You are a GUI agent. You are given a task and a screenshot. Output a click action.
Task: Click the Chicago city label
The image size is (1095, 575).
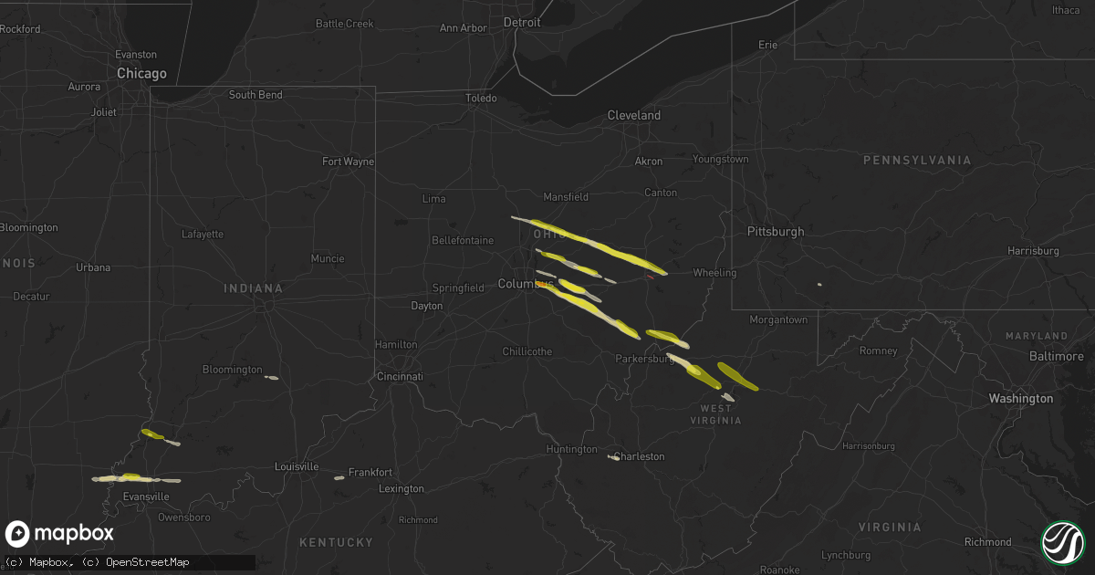click(x=141, y=73)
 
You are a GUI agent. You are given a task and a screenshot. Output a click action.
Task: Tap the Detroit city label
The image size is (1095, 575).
click(x=522, y=21)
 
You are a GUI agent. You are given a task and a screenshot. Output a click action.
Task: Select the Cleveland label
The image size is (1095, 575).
click(x=634, y=116)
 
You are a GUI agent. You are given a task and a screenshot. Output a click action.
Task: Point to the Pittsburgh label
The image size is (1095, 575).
click(x=776, y=232)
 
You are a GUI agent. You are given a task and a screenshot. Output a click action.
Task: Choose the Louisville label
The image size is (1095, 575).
click(x=297, y=466)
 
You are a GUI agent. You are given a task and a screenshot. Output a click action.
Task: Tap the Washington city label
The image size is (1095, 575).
click(x=1021, y=398)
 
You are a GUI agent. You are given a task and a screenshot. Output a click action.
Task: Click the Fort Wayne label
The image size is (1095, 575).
click(x=349, y=162)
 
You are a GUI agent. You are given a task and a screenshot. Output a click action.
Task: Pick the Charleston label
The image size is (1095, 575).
click(x=640, y=456)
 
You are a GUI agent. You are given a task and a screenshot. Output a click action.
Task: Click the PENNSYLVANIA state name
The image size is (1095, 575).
click(x=918, y=161)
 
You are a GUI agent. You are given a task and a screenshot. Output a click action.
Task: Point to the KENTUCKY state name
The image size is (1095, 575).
click(x=337, y=542)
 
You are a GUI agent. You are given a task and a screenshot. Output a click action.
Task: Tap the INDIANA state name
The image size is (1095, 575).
click(x=253, y=288)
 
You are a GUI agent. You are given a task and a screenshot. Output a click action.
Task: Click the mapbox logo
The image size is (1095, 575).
click(x=59, y=534)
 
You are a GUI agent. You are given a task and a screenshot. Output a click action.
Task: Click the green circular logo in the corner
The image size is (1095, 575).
click(x=1063, y=541)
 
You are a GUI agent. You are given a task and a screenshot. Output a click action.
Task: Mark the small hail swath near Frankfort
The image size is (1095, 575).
click(x=339, y=477)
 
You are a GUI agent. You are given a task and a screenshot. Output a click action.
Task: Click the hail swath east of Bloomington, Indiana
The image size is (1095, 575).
click(x=271, y=377)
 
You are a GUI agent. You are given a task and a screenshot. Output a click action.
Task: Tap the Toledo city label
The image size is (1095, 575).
click(x=481, y=99)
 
